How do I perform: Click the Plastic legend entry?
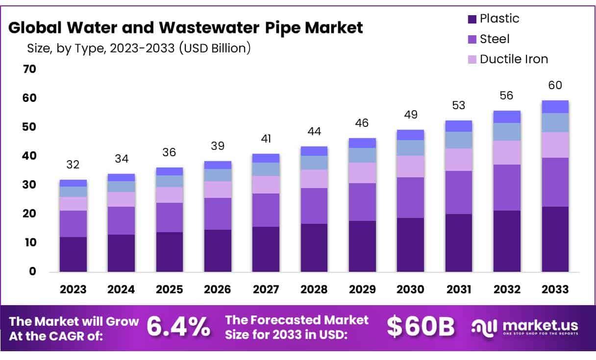click(x=499, y=19)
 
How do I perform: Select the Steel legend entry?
click(x=494, y=39)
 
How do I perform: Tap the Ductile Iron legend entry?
click(x=513, y=59)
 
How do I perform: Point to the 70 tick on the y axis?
click(x=29, y=69)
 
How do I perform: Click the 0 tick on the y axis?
click(x=32, y=271)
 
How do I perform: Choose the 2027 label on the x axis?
click(x=266, y=289)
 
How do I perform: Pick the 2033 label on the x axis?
click(x=555, y=289)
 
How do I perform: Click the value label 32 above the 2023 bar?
click(x=73, y=165)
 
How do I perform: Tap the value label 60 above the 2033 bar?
click(x=555, y=86)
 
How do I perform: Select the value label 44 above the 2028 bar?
click(x=314, y=132)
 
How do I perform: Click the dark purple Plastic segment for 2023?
click(x=73, y=254)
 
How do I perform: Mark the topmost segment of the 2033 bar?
click(x=555, y=107)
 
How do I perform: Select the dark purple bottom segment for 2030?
click(x=410, y=244)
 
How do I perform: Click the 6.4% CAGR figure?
click(x=178, y=327)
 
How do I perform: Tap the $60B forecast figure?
click(x=421, y=327)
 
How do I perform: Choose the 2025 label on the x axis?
click(x=170, y=289)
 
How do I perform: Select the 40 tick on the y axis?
click(x=29, y=156)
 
